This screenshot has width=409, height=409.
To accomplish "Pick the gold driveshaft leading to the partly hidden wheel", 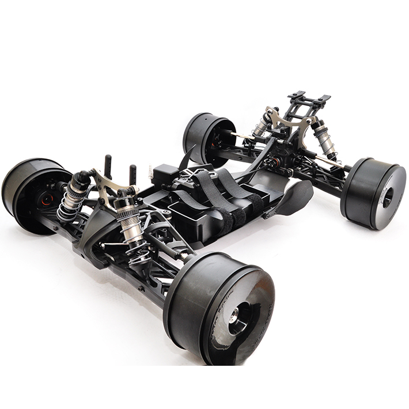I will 241,136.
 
